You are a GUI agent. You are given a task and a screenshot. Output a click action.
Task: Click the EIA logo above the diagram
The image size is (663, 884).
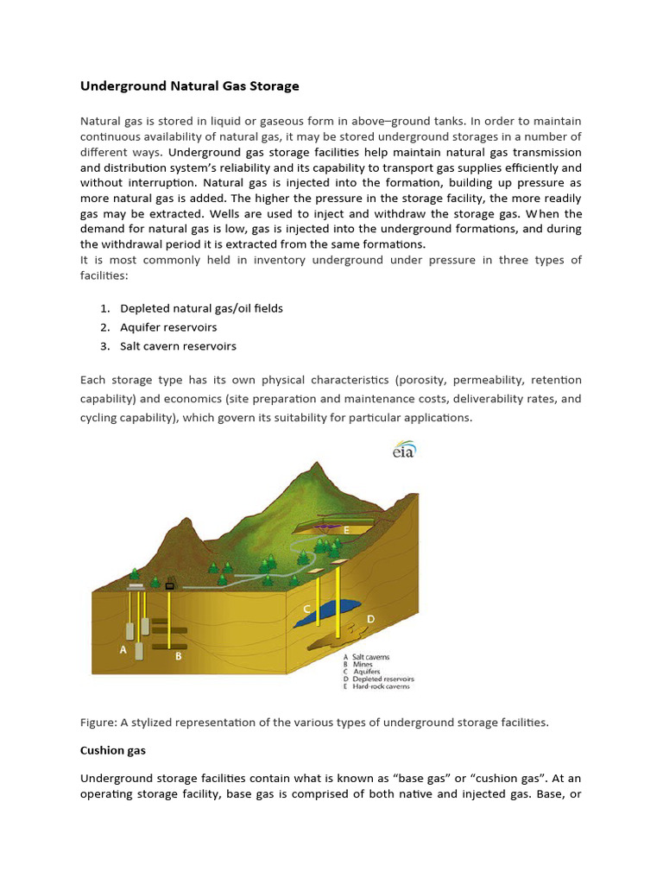point(403,451)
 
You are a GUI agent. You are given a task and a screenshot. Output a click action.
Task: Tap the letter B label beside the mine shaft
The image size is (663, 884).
point(179,656)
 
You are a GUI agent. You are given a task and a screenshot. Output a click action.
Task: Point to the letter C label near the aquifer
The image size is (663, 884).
point(306,609)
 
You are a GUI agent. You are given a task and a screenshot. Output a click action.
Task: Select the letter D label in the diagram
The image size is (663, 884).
point(370,619)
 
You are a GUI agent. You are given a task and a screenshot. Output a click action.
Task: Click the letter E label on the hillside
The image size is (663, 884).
point(346,530)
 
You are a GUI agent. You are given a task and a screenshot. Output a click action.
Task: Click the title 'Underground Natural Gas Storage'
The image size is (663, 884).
point(190,86)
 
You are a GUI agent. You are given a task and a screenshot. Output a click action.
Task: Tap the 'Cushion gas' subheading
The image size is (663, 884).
point(109,750)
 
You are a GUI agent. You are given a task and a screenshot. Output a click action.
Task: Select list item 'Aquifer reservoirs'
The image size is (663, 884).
point(168,327)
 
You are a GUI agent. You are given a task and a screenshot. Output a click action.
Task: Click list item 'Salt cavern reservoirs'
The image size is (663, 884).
point(178,346)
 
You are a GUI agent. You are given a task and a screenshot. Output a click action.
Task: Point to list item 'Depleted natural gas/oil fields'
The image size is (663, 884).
point(201,308)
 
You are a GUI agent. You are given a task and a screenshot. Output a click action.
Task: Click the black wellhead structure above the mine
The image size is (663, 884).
point(170,584)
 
